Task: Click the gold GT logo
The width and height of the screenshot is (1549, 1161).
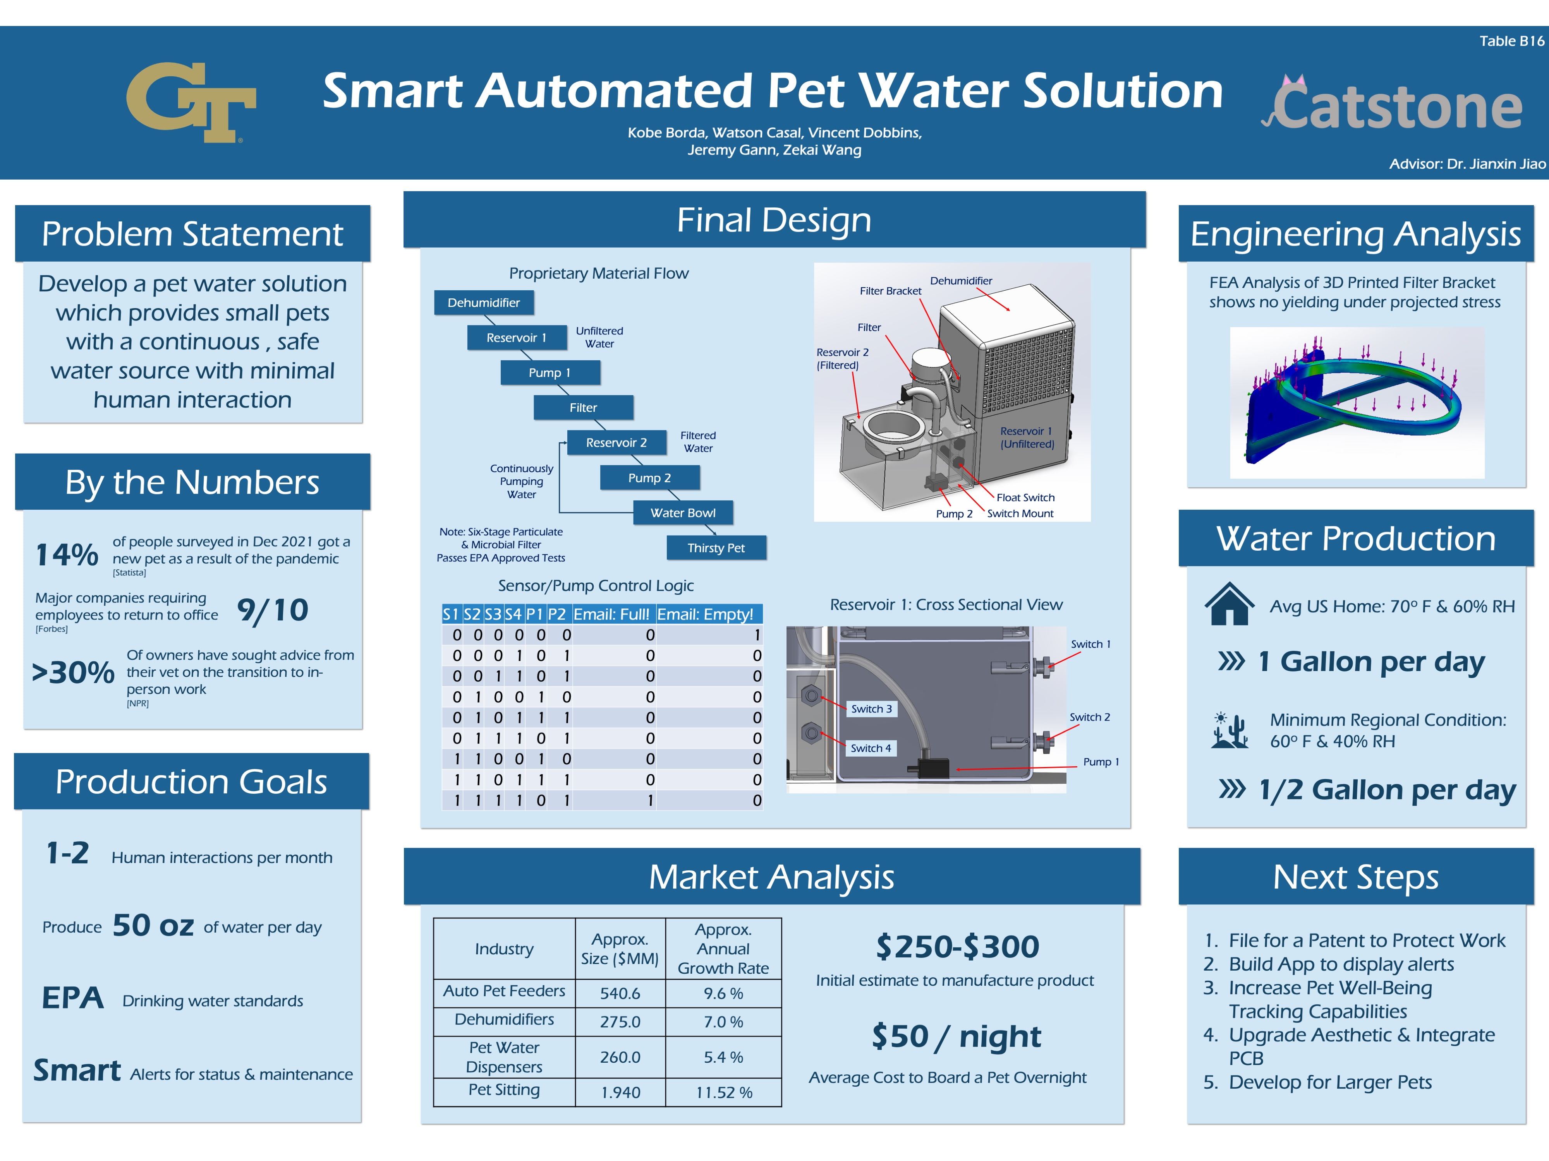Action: point(191,102)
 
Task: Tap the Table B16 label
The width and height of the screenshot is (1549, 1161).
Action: point(1511,41)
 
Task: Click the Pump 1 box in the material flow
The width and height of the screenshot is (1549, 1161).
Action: point(550,372)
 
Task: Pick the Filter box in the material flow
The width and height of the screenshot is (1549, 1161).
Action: point(583,407)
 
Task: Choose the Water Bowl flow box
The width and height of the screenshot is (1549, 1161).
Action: point(683,512)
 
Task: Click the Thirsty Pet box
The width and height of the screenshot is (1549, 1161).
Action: point(716,547)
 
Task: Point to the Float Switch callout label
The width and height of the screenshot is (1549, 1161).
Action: point(1025,498)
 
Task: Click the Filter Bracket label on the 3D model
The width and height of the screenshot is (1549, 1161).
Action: point(891,290)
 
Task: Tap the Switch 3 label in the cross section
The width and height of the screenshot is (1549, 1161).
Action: point(871,709)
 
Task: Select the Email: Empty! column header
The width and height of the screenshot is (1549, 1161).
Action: point(705,615)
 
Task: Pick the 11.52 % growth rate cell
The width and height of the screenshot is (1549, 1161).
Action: point(724,1093)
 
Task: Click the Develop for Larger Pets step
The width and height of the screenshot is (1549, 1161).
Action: point(1330,1082)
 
